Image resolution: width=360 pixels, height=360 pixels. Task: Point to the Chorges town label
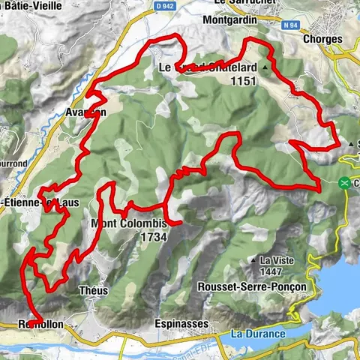pos(324,39)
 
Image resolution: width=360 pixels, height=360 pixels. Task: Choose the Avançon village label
pos(85,112)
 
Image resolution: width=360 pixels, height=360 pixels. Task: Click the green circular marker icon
pos(344,182)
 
